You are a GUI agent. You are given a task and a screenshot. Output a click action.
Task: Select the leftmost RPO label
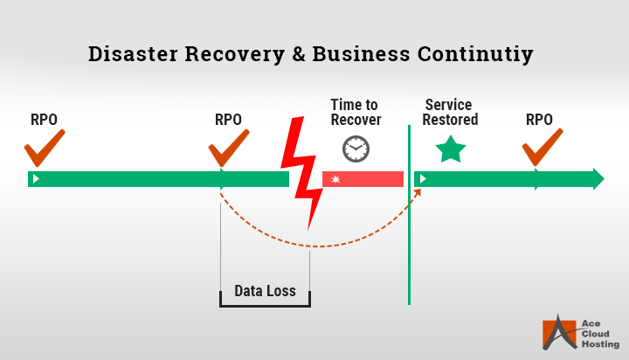45,120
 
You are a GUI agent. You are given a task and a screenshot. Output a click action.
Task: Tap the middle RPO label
228,120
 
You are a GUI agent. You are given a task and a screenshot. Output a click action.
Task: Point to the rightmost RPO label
539,120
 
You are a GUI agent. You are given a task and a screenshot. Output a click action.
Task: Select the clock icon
356,149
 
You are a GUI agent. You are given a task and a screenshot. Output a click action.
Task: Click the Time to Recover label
356,112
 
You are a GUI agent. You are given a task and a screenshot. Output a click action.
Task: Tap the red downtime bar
363,179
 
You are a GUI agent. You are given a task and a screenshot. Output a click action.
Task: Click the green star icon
451,149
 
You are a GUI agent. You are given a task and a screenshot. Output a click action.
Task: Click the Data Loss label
265,291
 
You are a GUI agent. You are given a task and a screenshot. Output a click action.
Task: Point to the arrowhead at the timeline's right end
598,179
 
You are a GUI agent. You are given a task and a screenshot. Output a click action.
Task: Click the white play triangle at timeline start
35,179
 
